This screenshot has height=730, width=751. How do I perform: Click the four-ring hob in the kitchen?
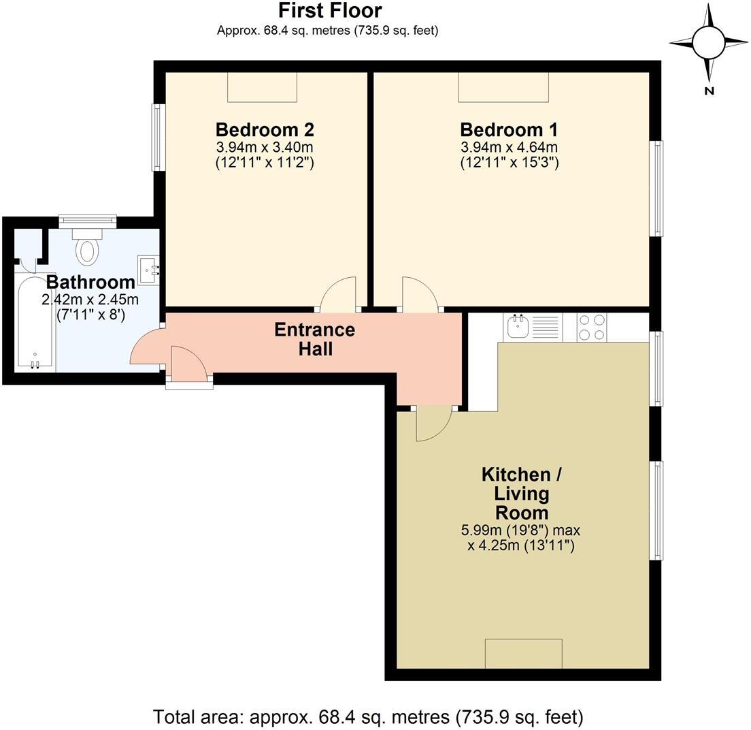click(x=591, y=326)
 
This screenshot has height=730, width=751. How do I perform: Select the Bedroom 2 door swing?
click(x=339, y=294)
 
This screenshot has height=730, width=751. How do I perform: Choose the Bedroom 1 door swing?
click(x=418, y=294)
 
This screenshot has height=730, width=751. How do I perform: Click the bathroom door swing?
click(x=146, y=348)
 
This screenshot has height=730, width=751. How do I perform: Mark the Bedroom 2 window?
click(x=157, y=138)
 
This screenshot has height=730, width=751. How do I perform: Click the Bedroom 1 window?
click(x=657, y=189)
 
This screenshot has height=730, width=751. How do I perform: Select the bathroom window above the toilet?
click(x=87, y=221)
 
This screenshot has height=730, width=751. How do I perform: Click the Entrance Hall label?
click(x=314, y=339)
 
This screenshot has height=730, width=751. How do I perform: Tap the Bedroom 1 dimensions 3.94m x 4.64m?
click(x=510, y=147)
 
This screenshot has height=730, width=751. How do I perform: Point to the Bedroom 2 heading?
click(x=265, y=129)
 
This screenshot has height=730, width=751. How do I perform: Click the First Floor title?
click(x=330, y=11)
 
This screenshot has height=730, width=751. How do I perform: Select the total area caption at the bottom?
click(x=368, y=716)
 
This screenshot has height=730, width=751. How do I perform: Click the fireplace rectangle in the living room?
click(x=523, y=654)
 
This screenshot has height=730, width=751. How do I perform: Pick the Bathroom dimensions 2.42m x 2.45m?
click(x=90, y=300)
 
